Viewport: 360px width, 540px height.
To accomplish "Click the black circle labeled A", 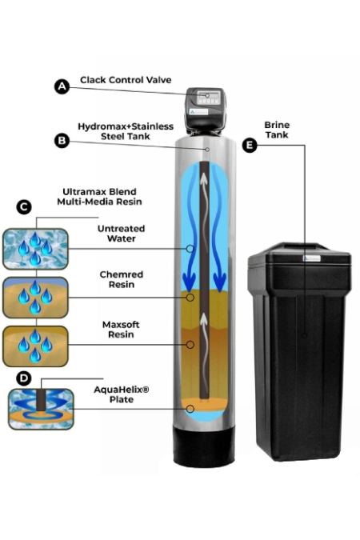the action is pos(62,86).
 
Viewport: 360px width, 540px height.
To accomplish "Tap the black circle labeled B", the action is pos(62,141).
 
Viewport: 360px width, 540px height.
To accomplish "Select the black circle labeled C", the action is pos(24,207).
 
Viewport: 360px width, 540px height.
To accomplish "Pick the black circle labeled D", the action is pos(23,378).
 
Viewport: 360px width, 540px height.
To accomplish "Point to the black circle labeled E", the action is pos(250,145).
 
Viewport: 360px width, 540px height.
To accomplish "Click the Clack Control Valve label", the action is pos(126,80).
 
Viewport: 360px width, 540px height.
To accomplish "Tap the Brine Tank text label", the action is pos(277,130).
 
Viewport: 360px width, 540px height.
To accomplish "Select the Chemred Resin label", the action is pos(122,279).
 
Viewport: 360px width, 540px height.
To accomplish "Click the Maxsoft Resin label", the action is pos(121,330).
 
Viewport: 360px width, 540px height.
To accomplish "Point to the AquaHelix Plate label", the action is pos(122,394).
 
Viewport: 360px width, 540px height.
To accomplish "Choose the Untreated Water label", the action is pos(122,233).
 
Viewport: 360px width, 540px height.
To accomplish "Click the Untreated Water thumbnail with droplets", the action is pos(35,249).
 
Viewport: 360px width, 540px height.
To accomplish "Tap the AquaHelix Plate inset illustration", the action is pos(41,409).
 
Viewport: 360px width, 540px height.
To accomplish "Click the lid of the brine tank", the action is pos(299,254).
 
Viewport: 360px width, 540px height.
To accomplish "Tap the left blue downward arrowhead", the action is pos(189,281).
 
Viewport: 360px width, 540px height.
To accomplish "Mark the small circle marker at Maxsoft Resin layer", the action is pos(190,344).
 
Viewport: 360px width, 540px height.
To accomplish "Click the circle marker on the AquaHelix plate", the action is pos(190,409).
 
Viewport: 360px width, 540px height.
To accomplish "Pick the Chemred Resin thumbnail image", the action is pos(35,298).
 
